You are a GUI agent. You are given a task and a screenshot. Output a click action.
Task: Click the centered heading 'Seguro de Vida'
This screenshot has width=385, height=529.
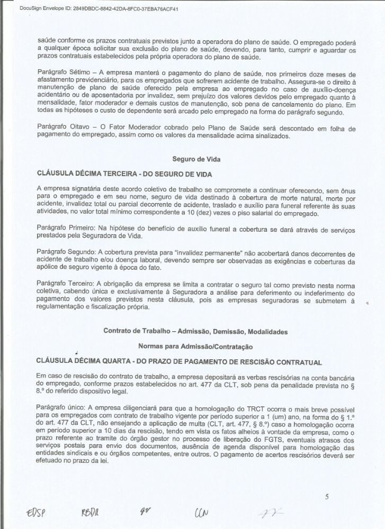[192, 158]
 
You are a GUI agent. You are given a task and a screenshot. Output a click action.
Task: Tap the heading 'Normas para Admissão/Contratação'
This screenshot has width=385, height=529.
[192, 346]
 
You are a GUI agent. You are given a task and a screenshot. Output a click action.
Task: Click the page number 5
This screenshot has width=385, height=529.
[327, 496]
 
